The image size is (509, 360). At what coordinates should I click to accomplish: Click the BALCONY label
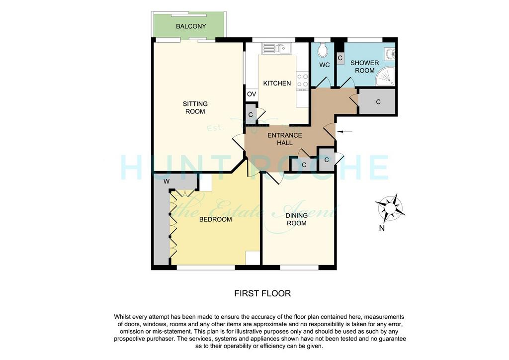click(x=191, y=26)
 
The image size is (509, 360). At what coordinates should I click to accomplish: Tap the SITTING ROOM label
click(x=195, y=107)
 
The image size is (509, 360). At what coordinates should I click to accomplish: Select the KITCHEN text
click(x=277, y=84)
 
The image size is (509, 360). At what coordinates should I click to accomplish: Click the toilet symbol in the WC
click(x=323, y=50)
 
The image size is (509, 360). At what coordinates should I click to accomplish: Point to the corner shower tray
click(x=385, y=77)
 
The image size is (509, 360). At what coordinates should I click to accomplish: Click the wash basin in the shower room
click(x=390, y=54)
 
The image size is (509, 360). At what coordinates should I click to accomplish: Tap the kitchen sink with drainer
click(x=277, y=49)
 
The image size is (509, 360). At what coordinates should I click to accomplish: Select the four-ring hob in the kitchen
click(x=303, y=81)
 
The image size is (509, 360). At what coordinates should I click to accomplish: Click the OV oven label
click(x=252, y=94)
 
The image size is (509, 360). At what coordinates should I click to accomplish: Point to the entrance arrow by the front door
click(x=345, y=131)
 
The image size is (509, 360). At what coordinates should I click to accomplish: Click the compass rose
click(x=390, y=208)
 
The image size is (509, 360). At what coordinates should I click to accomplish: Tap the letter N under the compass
click(x=382, y=228)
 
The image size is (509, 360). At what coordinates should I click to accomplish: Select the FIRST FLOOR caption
click(x=262, y=293)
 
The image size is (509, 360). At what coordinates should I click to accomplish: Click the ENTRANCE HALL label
click(x=285, y=139)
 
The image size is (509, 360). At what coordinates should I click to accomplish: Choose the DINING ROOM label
click(x=296, y=219)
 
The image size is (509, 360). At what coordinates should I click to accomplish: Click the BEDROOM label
click(x=216, y=219)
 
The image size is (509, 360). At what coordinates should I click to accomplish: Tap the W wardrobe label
click(x=167, y=181)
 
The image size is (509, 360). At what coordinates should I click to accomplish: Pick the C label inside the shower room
click(x=340, y=58)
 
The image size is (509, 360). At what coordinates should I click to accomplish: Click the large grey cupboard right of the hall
click(x=377, y=101)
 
